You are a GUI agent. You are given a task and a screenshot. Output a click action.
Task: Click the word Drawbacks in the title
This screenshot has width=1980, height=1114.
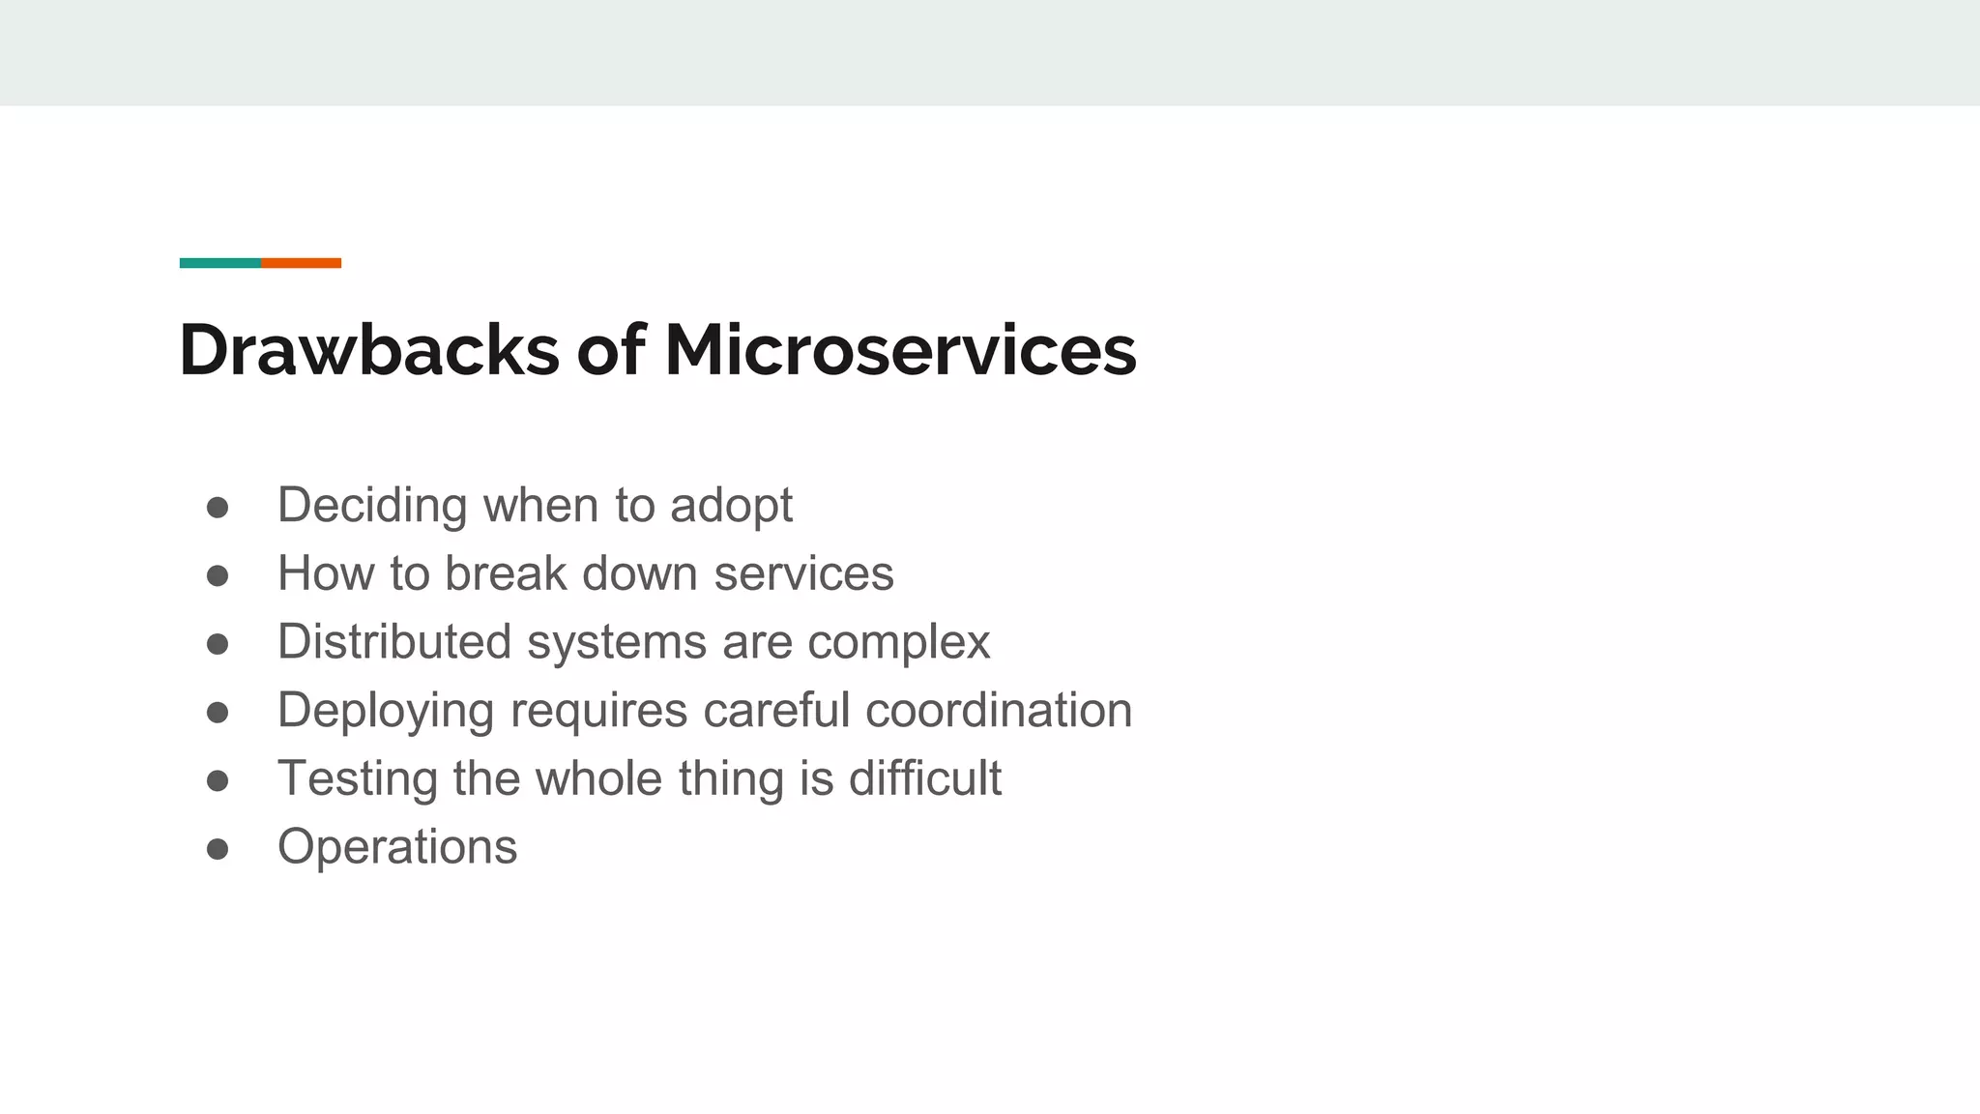pyautogui.click(x=368, y=350)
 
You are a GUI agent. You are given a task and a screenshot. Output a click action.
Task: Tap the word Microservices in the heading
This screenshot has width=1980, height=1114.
pyautogui.click(x=900, y=350)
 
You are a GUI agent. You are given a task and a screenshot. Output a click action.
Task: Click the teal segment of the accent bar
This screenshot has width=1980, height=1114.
pyautogui.click(x=219, y=263)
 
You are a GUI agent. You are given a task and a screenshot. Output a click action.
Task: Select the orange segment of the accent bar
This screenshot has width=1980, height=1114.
pyautogui.click(x=301, y=263)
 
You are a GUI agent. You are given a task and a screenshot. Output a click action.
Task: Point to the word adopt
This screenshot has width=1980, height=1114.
pyautogui.click(x=731, y=507)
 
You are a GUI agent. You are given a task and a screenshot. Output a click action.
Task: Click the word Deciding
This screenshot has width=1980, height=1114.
pyautogui.click(x=371, y=507)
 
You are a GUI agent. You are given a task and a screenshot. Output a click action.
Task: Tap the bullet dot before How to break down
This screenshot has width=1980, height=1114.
pyautogui.click(x=218, y=576)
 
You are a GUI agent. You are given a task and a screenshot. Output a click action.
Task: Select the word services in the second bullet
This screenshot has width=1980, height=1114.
pyautogui.click(x=803, y=574)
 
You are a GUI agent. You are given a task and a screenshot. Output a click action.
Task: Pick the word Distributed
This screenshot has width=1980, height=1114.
pyautogui.click(x=393, y=642)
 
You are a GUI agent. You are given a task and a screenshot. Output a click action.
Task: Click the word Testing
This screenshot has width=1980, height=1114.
pyautogui.click(x=357, y=780)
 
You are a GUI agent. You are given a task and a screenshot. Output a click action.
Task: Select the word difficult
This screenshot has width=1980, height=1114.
pyautogui.click(x=924, y=779)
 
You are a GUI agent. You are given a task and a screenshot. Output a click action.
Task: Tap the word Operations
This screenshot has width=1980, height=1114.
pyautogui.click(x=397, y=848)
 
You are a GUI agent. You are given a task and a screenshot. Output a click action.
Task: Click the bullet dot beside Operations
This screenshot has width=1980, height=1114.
pyautogui.click(x=218, y=849)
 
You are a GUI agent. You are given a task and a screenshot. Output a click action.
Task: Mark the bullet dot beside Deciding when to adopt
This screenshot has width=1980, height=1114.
pyautogui.click(x=218, y=508)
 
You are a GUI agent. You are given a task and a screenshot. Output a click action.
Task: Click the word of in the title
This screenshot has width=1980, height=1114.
pyautogui.click(x=610, y=350)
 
